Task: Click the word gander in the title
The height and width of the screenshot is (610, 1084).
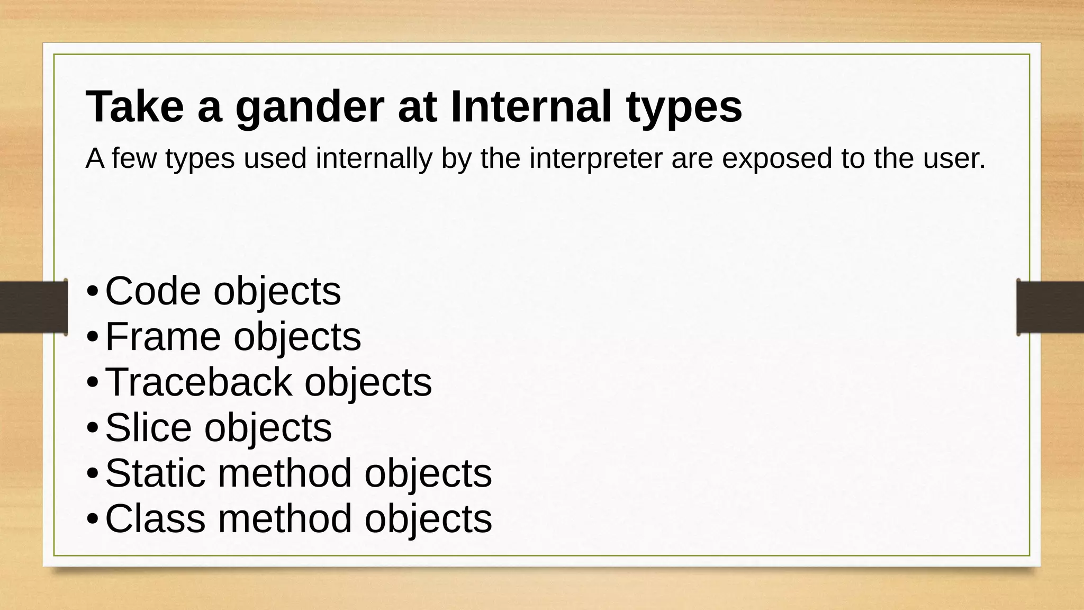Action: point(308,107)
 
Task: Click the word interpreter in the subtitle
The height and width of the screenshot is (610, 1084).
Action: point(595,158)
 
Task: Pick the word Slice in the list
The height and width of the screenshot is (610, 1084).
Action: point(149,427)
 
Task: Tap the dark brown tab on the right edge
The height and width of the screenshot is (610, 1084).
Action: point(1050,307)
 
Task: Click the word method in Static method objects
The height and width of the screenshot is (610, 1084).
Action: point(285,473)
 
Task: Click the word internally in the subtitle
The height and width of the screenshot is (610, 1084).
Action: point(374,158)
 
